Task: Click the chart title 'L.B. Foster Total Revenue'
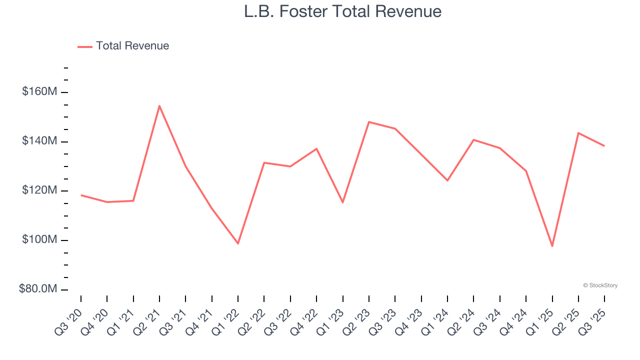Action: point(342,11)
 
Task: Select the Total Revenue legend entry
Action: point(123,46)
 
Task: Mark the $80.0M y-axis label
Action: point(38,289)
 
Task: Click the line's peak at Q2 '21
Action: point(159,105)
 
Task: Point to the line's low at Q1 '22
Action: point(238,243)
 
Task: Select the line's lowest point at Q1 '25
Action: point(552,246)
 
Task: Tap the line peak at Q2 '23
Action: point(368,122)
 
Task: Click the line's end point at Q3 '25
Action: point(604,146)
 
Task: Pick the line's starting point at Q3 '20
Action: point(81,195)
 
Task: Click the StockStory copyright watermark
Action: point(600,285)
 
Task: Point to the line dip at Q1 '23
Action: point(342,202)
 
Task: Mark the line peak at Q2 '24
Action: point(473,139)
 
